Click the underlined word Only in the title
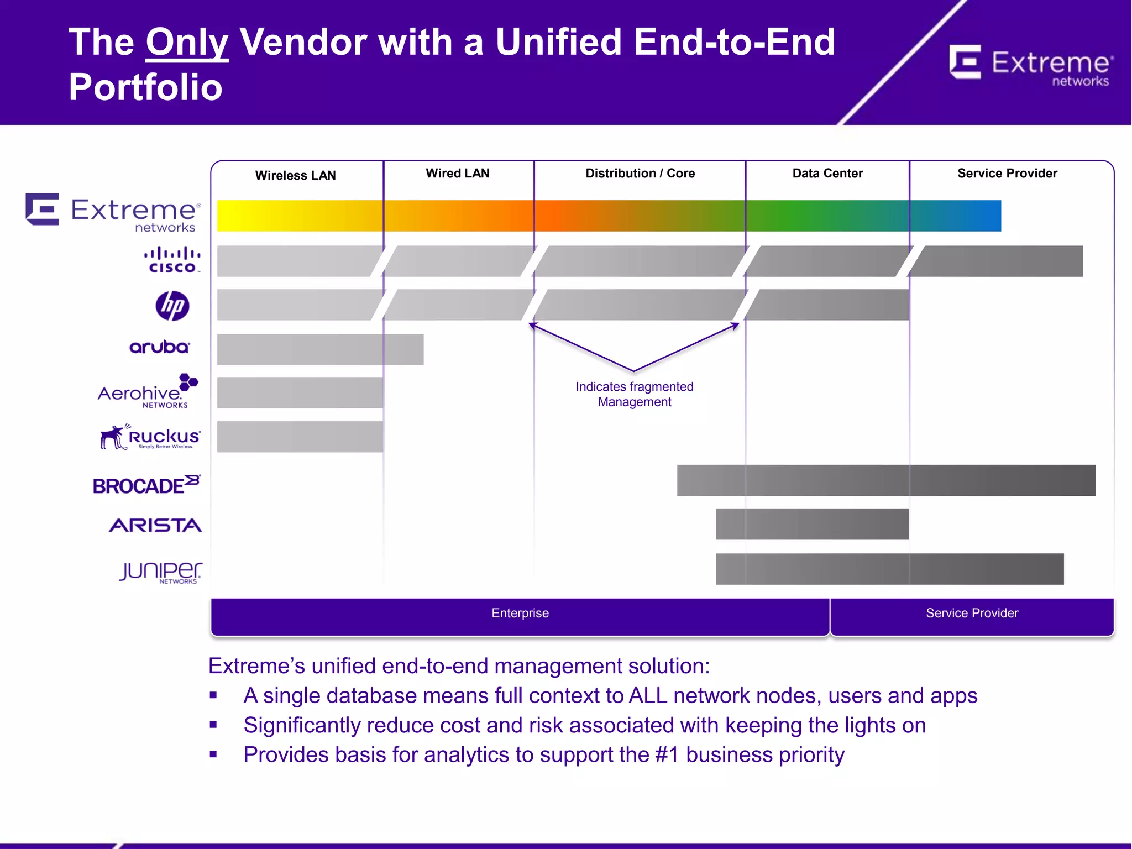pyautogui.click(x=187, y=43)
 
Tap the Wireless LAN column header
pyautogui.click(x=295, y=175)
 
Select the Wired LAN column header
pyautogui.click(x=457, y=173)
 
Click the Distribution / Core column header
pyautogui.click(x=640, y=173)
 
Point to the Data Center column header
pyautogui.click(x=827, y=173)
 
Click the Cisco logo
pyautogui.click(x=172, y=260)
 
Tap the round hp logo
pyautogui.click(x=172, y=306)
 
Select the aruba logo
pyautogui.click(x=159, y=347)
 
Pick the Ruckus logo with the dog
pyautogui.click(x=150, y=437)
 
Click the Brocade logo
pyautogui.click(x=146, y=485)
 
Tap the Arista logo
pyautogui.click(x=155, y=525)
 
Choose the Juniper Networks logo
pyautogui.click(x=160, y=572)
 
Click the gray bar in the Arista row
pyautogui.click(x=811, y=524)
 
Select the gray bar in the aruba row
pyautogui.click(x=320, y=349)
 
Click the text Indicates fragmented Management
pyautogui.click(x=634, y=394)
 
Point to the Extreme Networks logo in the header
pyautogui.click(x=1031, y=65)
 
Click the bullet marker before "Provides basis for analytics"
pyautogui.click(x=213, y=754)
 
